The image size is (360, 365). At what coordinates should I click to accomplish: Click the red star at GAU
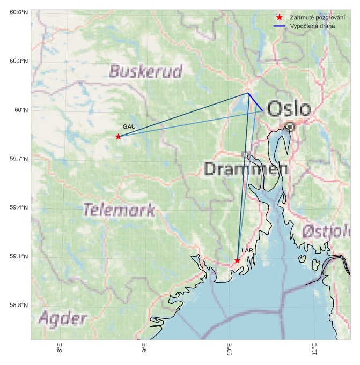click(118, 137)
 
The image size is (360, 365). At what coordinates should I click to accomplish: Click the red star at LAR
click(237, 260)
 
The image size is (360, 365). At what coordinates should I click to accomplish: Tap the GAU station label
click(128, 126)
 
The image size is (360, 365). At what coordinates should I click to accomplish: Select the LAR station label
click(247, 250)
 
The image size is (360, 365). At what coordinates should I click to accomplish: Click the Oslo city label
click(289, 109)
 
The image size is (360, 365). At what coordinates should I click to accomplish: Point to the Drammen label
click(246, 169)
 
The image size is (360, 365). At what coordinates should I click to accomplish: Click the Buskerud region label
click(145, 71)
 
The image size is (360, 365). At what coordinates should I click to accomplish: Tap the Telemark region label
click(119, 210)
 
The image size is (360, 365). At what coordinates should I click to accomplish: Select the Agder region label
click(63, 319)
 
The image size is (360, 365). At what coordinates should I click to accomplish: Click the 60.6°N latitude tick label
click(19, 12)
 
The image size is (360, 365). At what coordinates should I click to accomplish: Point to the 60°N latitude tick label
click(21, 110)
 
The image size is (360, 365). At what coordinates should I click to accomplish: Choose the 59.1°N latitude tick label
click(19, 257)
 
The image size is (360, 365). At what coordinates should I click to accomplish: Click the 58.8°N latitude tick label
click(19, 306)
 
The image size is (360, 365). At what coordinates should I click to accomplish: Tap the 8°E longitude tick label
click(60, 349)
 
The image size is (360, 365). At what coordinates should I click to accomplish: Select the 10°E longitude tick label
click(230, 350)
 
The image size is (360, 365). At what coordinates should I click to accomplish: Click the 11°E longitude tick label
click(314, 350)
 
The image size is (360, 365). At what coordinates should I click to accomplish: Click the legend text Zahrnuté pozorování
click(317, 18)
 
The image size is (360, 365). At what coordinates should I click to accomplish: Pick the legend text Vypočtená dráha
click(312, 26)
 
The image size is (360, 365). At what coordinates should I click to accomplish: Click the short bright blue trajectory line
click(255, 102)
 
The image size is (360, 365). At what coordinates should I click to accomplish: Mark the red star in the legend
click(279, 18)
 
